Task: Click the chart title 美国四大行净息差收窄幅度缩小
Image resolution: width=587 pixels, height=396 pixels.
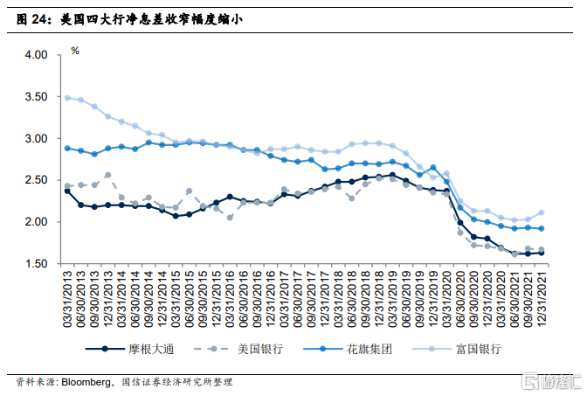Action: pyautogui.click(x=151, y=19)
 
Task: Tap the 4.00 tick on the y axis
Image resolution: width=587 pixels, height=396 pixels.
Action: pyautogui.click(x=36, y=55)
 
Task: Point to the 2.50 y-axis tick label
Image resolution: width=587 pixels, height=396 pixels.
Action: pyautogui.click(x=36, y=180)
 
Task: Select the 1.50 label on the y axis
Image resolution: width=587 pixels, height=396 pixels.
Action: pyautogui.click(x=36, y=264)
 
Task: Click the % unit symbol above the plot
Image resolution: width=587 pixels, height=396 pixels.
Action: pyautogui.click(x=75, y=51)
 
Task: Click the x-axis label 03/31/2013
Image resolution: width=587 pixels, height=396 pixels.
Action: pyautogui.click(x=67, y=299)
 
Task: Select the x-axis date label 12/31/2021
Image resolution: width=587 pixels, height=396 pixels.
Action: pyautogui.click(x=542, y=299)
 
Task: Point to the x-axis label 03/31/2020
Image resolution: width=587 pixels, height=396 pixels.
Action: pyautogui.click(x=446, y=299)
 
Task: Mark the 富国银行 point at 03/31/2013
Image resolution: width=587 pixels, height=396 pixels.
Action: pyautogui.click(x=67, y=98)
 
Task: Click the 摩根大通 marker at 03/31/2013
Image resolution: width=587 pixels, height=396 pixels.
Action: pyautogui.click(x=67, y=191)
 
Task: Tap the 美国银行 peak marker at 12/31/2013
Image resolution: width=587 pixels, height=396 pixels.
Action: pyautogui.click(x=107, y=175)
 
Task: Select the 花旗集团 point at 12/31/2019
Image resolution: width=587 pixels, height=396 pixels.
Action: pyautogui.click(x=432, y=168)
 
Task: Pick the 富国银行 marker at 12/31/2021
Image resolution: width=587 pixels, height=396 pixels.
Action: pyautogui.click(x=542, y=212)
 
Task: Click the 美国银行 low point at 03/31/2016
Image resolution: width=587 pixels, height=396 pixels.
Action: pyautogui.click(x=230, y=218)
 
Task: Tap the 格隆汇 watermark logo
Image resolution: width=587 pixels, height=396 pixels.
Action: pyautogui.click(x=551, y=381)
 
